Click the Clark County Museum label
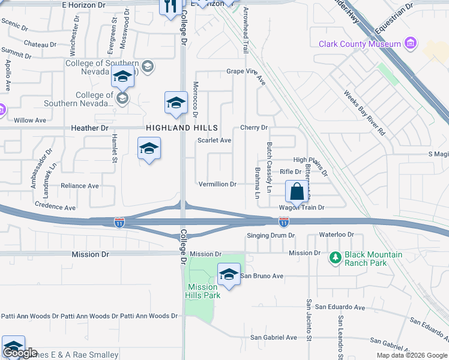pyautogui.click(x=360, y=44)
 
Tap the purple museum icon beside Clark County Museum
pyautogui.click(x=411, y=43)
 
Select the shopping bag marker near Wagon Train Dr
pyautogui.click(x=297, y=193)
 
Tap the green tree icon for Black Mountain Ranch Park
pyautogui.click(x=336, y=258)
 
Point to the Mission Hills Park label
pyautogui.click(x=203, y=291)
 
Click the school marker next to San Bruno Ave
pyautogui.click(x=228, y=275)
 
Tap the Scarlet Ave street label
pyautogui.click(x=214, y=140)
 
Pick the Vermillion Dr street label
pyautogui.click(x=217, y=184)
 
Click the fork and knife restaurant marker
pyautogui.click(x=170, y=6)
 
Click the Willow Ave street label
pyautogui.click(x=30, y=120)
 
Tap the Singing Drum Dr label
pyautogui.click(x=271, y=235)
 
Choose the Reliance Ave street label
pyautogui.click(x=80, y=186)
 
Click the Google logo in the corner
pyautogui.click(x=20, y=353)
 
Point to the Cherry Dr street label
pyautogui.click(x=253, y=128)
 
